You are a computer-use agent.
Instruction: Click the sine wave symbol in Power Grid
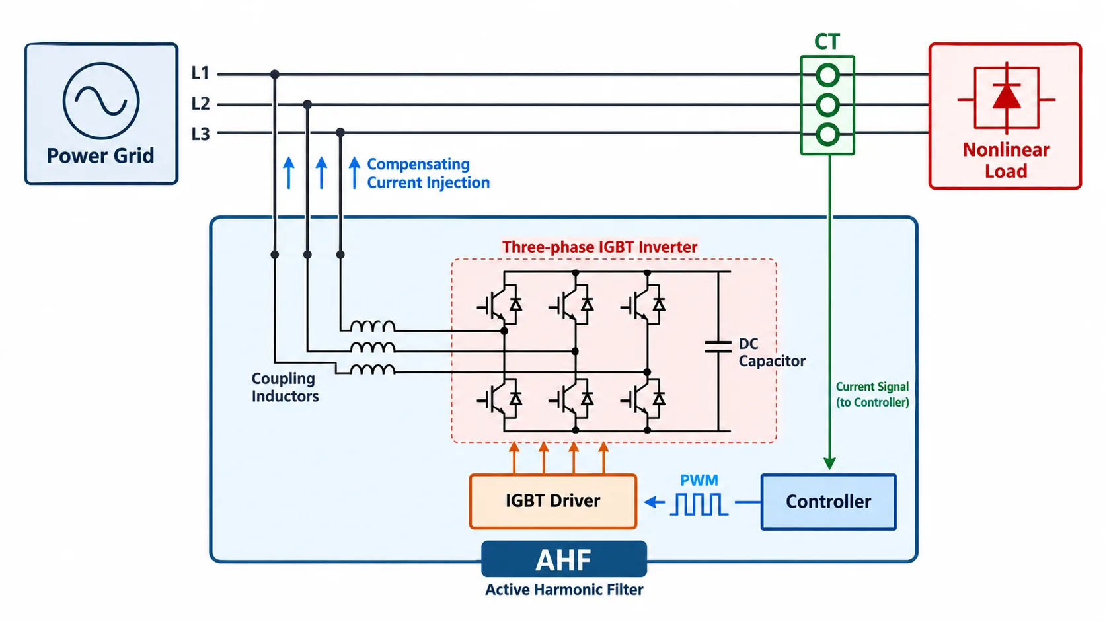point(101,100)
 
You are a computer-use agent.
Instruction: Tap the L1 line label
point(201,73)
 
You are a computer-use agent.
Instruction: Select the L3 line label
point(201,134)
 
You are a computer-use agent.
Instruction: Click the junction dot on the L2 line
point(307,104)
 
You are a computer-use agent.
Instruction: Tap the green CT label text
point(827,42)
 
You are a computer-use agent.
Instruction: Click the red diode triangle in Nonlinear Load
point(1007,97)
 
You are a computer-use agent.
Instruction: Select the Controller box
point(829,502)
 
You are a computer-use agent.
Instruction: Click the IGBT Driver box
point(553,501)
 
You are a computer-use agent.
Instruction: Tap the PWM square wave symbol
point(699,504)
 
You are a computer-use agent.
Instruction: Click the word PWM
point(699,480)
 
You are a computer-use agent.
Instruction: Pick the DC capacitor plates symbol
point(718,347)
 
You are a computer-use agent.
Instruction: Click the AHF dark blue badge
point(564,559)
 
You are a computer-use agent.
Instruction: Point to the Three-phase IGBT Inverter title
point(599,247)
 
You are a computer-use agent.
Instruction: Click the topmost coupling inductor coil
point(373,326)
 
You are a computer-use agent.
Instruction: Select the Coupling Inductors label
point(285,387)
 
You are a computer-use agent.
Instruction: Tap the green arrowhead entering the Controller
point(829,463)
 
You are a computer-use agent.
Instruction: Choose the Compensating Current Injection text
point(428,173)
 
